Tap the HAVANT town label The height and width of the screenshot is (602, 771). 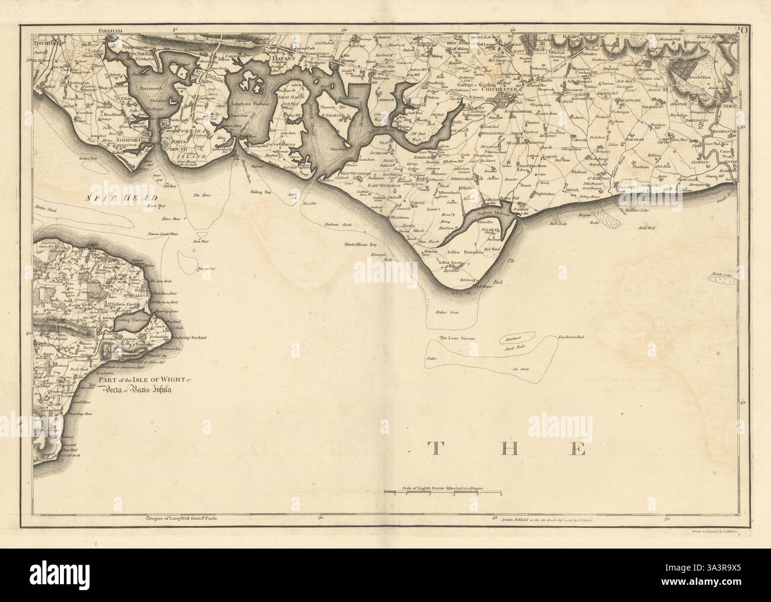point(278,59)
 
